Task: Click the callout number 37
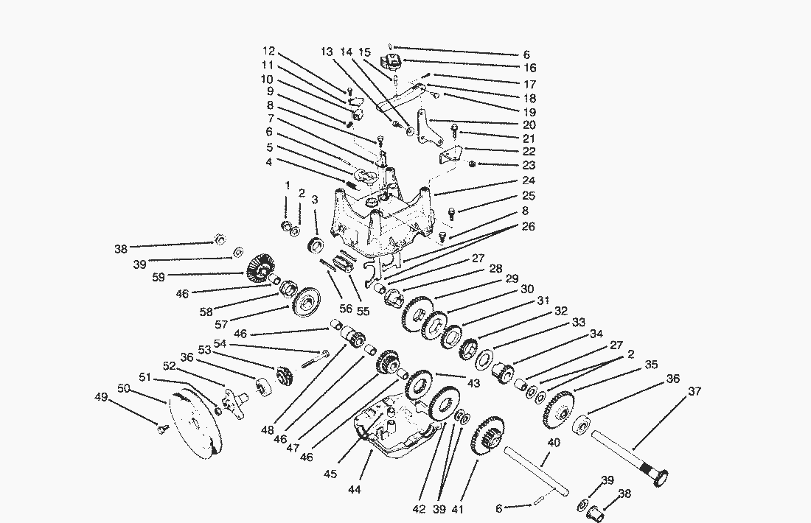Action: [x=695, y=391]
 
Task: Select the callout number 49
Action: [x=101, y=397]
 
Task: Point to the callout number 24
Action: [x=529, y=180]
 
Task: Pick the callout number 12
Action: [x=268, y=51]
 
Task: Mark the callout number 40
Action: [x=554, y=443]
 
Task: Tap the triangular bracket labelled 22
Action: [x=451, y=155]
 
